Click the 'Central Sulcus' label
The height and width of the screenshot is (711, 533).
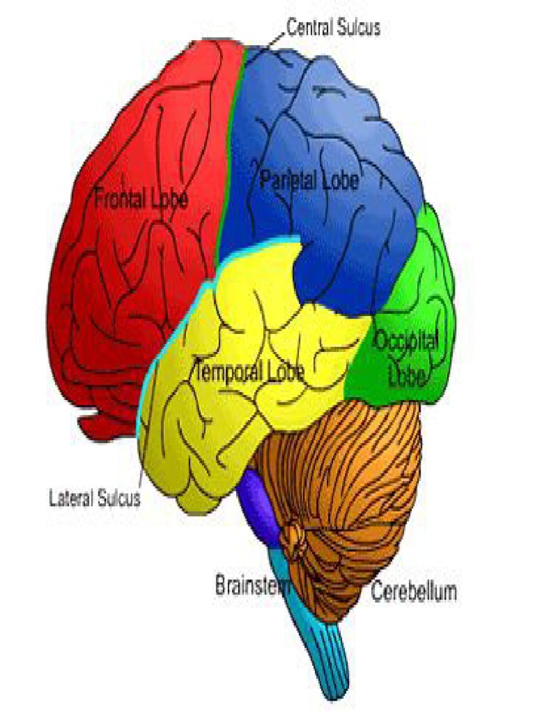333,28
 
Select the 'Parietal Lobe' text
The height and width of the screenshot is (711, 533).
310,181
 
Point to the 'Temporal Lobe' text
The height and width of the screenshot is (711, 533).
250,371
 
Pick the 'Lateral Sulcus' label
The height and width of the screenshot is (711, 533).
94,499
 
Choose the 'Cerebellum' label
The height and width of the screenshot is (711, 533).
414,592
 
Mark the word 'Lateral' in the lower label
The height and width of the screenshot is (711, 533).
71,499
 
